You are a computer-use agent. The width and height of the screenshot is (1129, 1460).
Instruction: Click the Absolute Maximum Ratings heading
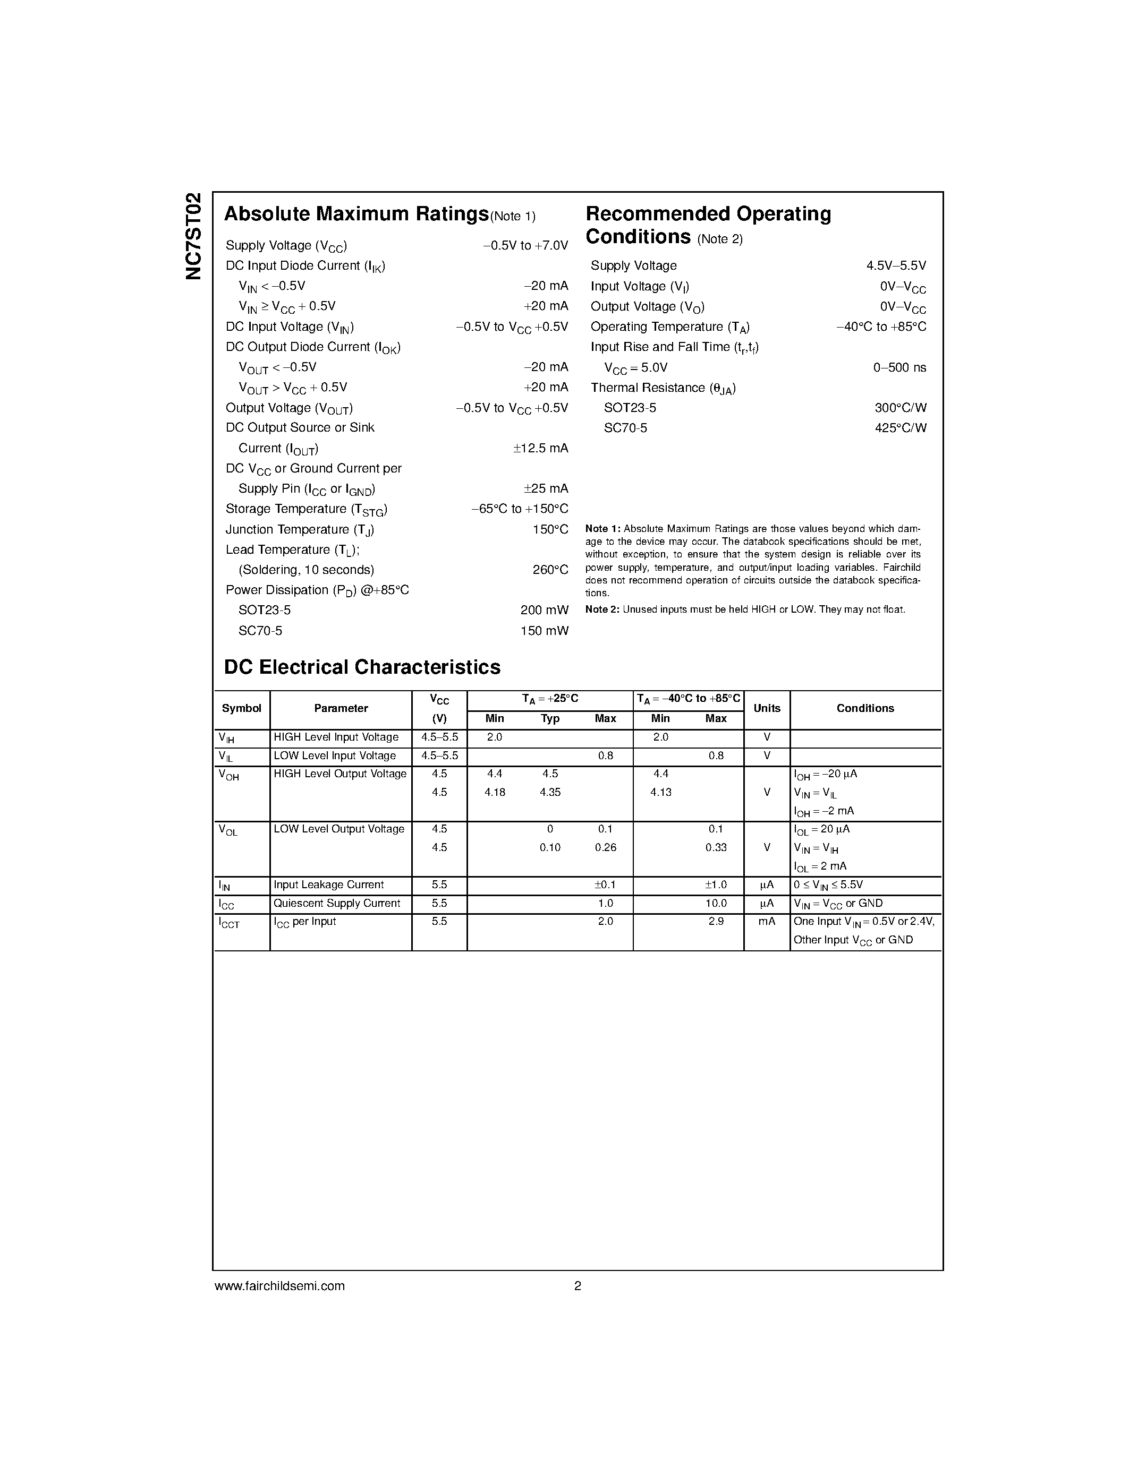click(356, 214)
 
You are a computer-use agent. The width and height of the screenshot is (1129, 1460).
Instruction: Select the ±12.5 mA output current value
click(540, 448)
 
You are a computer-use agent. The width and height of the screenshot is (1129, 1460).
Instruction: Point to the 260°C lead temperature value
click(550, 570)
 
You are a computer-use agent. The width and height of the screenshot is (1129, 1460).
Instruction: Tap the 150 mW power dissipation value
click(544, 630)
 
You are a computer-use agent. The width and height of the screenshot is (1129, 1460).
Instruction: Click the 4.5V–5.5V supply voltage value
click(896, 265)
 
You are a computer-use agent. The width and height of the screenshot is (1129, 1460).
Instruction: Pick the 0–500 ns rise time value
click(899, 367)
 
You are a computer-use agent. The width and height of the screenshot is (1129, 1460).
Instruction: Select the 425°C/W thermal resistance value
click(900, 428)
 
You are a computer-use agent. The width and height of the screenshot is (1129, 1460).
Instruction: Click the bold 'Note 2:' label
click(602, 609)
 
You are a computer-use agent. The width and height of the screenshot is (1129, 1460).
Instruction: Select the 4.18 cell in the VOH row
click(494, 792)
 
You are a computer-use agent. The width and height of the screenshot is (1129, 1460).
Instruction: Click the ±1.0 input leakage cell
click(716, 884)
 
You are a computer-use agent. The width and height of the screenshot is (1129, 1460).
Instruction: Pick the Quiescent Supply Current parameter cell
click(336, 903)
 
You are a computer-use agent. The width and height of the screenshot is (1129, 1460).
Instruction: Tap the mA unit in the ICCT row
click(767, 921)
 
